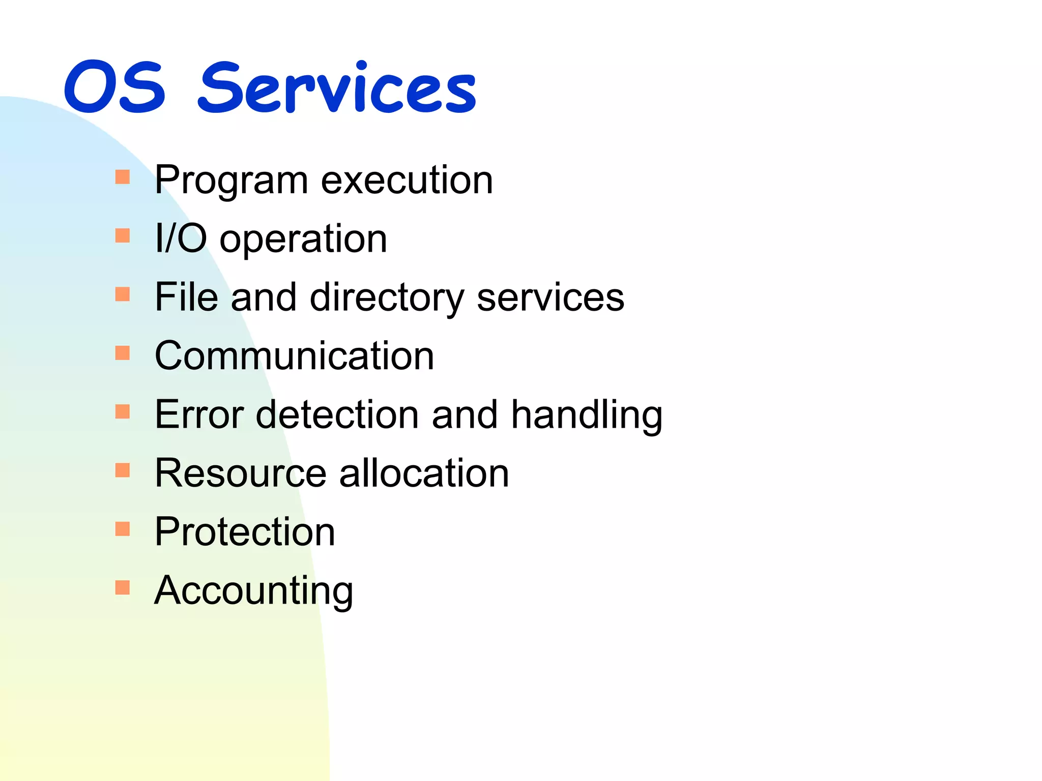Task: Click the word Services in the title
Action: pyautogui.click(x=337, y=88)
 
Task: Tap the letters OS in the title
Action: pyautogui.click(x=115, y=88)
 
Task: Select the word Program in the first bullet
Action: pyautogui.click(x=231, y=181)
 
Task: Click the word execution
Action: pyautogui.click(x=407, y=181)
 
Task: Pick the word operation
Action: pyautogui.click(x=303, y=239)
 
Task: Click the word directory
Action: pyautogui.click(x=387, y=297)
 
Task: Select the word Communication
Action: pyautogui.click(x=294, y=355)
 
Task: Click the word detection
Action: pyautogui.click(x=337, y=414)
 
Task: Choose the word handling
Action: pyautogui.click(x=587, y=415)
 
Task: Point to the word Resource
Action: pyautogui.click(x=240, y=473)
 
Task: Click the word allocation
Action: pyautogui.click(x=424, y=473)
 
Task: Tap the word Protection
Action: pyautogui.click(x=245, y=531)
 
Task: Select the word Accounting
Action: pyautogui.click(x=253, y=591)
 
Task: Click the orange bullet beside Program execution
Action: pyautogui.click(x=123, y=177)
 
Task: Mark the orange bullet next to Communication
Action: pyautogui.click(x=123, y=353)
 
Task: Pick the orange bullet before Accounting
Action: pyautogui.click(x=123, y=588)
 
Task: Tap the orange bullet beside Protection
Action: pyautogui.click(x=123, y=529)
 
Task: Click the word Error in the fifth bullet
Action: pyautogui.click(x=199, y=414)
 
